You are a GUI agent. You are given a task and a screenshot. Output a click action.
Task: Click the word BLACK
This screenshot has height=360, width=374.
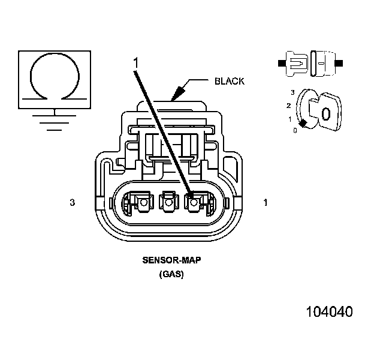coord(230,82)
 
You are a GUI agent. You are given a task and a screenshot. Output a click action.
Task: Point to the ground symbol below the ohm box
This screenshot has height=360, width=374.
coord(55,119)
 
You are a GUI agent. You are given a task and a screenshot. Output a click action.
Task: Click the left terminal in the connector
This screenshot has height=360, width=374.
coord(142,203)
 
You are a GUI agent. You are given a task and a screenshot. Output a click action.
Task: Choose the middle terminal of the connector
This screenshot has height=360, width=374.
coord(168,203)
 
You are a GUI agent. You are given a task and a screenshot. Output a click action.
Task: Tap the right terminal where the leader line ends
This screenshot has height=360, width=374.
coord(193,202)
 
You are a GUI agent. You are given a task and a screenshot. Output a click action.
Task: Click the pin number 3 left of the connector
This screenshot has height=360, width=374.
coord(72,203)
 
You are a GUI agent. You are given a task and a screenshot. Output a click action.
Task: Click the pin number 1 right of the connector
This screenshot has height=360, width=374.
coord(265,203)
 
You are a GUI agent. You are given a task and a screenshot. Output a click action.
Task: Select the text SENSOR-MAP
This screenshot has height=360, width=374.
coord(171,261)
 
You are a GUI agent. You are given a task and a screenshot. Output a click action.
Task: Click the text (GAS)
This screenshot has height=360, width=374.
coord(171,274)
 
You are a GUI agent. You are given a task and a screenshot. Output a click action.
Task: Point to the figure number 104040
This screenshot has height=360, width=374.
coord(329,312)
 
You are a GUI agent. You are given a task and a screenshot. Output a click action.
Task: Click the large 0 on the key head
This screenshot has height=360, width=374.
coord(326,113)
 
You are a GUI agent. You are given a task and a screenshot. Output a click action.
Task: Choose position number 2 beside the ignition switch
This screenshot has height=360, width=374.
coord(289,106)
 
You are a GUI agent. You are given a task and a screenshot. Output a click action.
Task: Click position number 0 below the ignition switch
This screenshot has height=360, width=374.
coord(295,130)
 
